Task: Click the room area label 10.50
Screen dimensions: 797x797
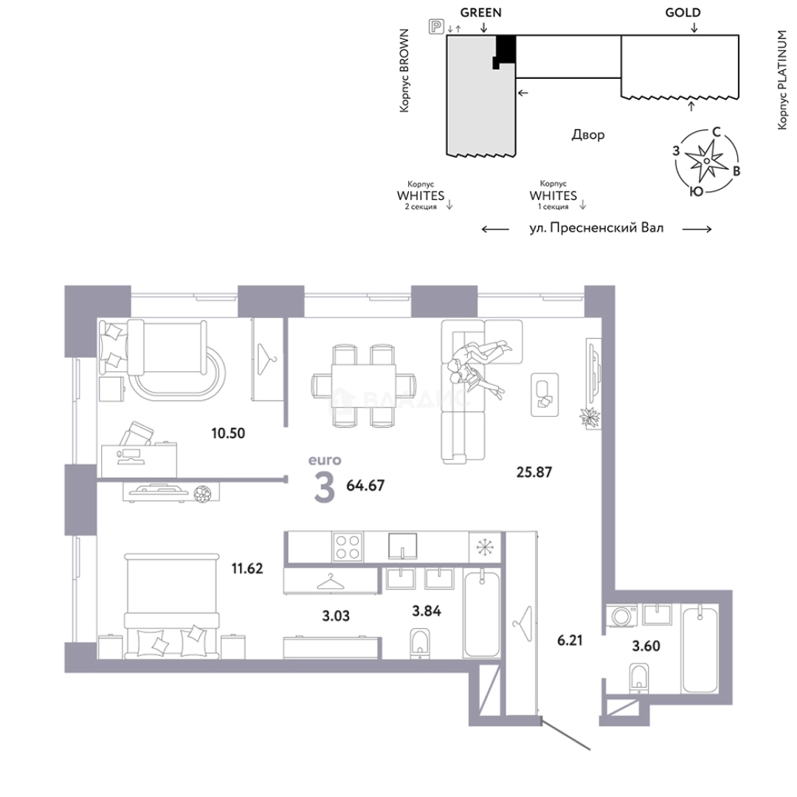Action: click(228, 433)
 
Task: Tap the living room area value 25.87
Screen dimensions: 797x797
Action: click(534, 472)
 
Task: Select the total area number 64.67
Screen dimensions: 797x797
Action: click(365, 486)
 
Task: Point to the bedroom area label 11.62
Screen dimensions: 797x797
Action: click(247, 567)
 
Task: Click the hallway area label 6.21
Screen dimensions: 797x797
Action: click(569, 640)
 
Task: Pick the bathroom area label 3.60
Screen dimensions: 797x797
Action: click(646, 646)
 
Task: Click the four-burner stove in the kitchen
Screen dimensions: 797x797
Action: click(348, 546)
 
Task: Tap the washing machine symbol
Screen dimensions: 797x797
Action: click(622, 615)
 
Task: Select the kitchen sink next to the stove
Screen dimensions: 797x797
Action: click(403, 546)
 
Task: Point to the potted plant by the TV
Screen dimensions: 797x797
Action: click(590, 418)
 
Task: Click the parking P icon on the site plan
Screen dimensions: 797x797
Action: click(436, 26)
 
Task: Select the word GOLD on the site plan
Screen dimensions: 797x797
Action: click(683, 13)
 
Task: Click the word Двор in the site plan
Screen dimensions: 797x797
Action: click(588, 135)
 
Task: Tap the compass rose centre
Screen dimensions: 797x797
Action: click(706, 161)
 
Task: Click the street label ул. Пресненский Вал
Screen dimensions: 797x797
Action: click(596, 228)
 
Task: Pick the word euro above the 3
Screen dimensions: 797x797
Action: click(325, 460)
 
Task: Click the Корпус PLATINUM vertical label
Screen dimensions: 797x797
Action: click(782, 80)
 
